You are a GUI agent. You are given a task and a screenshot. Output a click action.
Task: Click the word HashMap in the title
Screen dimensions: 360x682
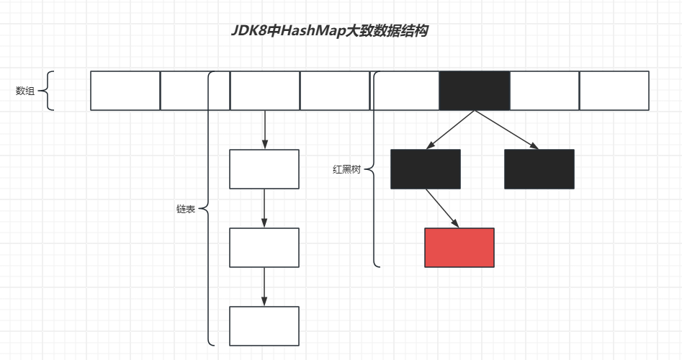click(312, 31)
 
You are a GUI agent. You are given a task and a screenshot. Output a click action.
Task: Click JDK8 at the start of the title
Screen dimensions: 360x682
click(248, 31)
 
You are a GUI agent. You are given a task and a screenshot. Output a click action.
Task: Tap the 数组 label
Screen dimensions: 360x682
click(25, 91)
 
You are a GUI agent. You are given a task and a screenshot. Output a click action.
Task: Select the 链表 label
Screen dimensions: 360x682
click(185, 209)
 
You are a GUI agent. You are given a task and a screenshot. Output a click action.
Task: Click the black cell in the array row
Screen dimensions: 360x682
click(475, 91)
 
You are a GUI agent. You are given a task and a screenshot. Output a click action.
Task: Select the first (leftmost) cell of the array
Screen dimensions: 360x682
click(125, 91)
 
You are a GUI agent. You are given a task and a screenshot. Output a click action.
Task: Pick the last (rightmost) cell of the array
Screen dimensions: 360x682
click(614, 91)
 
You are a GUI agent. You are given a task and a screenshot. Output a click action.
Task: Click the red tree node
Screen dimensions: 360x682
click(459, 247)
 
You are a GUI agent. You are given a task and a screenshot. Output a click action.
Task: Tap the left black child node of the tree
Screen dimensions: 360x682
click(425, 169)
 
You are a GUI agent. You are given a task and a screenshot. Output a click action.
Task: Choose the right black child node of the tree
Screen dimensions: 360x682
click(539, 169)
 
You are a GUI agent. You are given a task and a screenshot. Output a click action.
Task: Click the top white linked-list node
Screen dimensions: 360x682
click(264, 169)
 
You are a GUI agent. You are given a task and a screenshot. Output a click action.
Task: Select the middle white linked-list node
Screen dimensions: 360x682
click(264, 247)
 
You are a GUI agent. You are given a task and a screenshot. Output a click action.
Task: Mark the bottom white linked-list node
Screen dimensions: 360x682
click(264, 325)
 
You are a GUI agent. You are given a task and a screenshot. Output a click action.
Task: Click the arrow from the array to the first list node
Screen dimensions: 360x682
click(264, 130)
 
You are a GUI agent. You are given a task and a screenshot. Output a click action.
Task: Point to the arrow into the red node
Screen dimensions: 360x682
click(442, 209)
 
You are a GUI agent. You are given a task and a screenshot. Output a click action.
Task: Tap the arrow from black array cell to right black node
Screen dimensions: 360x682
click(506, 130)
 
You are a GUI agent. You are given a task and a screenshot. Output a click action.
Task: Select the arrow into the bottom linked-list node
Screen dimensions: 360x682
click(264, 287)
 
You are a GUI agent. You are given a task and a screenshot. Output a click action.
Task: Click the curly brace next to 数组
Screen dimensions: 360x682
click(48, 91)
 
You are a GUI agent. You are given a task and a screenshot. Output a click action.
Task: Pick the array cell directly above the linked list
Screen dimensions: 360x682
click(264, 91)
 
